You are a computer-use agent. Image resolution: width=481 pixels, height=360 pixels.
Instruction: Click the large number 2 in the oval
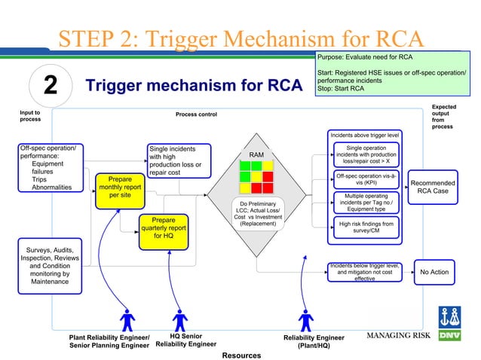[x=51, y=86]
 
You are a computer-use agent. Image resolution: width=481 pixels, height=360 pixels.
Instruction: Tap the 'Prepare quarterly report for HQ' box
[x=164, y=227]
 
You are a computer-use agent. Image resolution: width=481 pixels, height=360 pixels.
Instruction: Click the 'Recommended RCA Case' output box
[x=433, y=186]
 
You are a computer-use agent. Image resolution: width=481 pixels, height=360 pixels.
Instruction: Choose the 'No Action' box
[x=434, y=272]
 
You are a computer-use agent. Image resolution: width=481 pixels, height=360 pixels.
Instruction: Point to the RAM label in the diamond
[x=256, y=155]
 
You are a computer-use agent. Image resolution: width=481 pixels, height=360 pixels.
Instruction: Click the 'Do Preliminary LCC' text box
[x=258, y=213]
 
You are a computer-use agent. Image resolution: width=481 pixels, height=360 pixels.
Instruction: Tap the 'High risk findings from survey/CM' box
[x=365, y=227]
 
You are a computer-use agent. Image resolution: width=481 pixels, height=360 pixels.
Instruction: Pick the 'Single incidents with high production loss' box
[x=176, y=160]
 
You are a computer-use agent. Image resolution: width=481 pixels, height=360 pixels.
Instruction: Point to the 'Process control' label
[x=196, y=114]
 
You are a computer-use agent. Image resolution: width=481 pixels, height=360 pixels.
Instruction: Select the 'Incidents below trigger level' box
[x=365, y=271]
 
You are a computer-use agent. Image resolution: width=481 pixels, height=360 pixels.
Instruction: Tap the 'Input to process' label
[x=31, y=114]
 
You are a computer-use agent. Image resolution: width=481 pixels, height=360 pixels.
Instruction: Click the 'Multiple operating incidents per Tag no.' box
[x=365, y=203]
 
